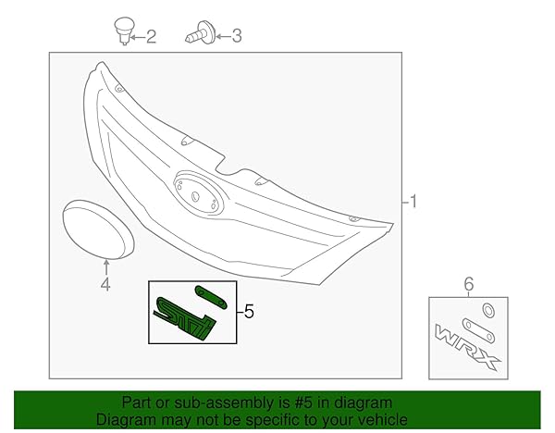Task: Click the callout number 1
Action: coord(413,201)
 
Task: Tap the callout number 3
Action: coord(236,36)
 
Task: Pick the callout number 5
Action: coord(247,312)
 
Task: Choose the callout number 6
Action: coord(468,285)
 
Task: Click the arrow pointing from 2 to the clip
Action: coord(136,37)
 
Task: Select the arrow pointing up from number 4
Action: coord(105,268)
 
